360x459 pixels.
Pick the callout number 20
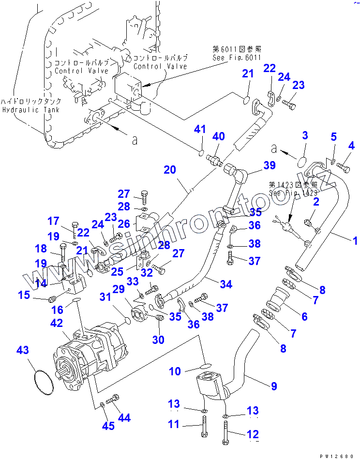coord(169,170)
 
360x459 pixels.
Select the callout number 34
coord(225,284)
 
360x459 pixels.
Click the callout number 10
coord(175,371)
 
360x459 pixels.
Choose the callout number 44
coord(124,417)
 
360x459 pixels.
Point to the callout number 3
coord(305,135)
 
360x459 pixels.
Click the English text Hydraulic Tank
coord(30,110)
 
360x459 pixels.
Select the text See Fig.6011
coord(237,58)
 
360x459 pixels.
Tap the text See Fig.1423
coord(293,193)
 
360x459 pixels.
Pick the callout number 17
coord(53,222)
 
